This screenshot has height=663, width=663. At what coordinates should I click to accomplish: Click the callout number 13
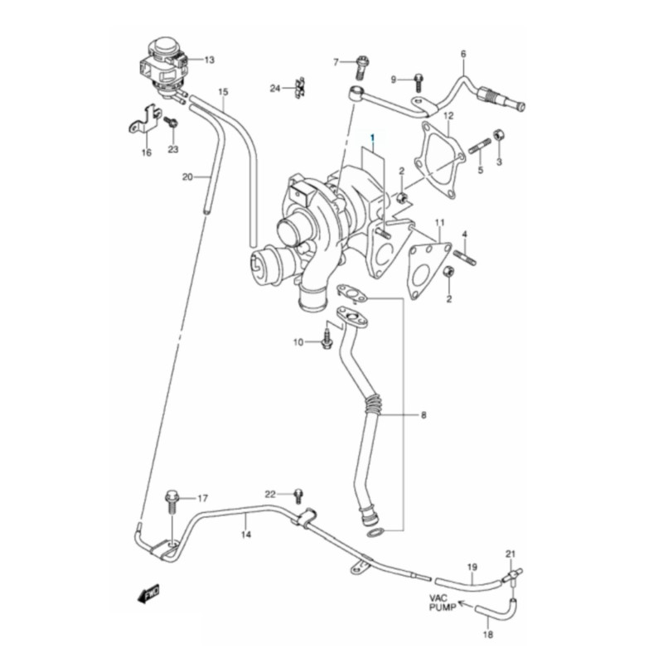210,60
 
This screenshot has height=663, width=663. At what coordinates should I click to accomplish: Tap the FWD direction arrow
148,593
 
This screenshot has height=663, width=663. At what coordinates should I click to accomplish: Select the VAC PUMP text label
443,603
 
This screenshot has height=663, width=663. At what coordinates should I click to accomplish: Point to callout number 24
275,89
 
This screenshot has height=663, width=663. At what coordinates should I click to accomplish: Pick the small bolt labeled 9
419,82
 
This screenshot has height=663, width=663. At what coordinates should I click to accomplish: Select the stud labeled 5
480,148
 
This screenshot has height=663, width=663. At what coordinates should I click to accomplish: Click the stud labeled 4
465,258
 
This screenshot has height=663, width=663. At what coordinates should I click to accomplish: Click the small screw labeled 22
299,496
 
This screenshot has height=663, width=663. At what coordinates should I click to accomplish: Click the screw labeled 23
172,123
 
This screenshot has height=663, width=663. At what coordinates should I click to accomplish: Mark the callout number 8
423,415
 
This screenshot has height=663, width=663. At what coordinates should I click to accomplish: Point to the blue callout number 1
372,138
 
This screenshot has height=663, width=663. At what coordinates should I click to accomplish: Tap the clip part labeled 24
301,87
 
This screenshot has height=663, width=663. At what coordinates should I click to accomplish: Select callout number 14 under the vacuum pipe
246,535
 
